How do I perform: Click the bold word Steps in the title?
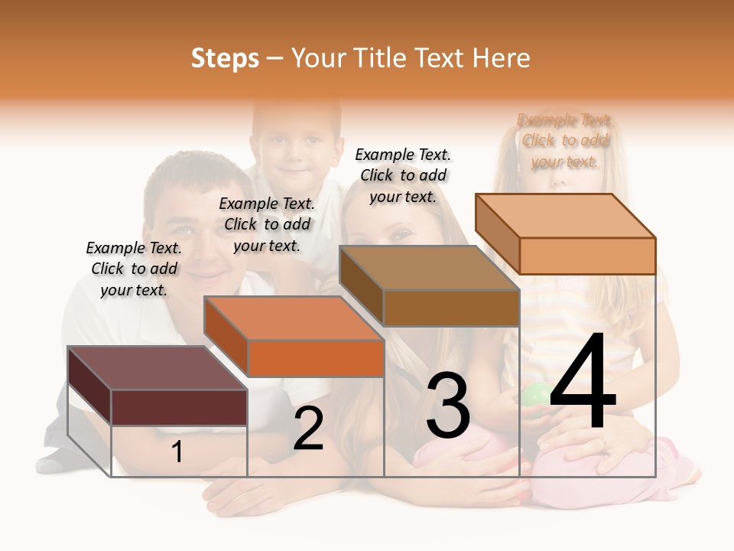point(225,58)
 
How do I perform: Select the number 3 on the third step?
point(448,406)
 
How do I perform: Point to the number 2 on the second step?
point(308,429)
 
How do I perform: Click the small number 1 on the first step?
point(177,452)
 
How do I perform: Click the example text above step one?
point(134,269)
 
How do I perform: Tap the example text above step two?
point(267,224)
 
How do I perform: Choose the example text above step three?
point(403,175)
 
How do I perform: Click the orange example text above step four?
point(565,140)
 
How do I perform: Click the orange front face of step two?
point(316,358)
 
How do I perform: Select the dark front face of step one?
point(179,407)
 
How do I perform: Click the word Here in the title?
point(501,58)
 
